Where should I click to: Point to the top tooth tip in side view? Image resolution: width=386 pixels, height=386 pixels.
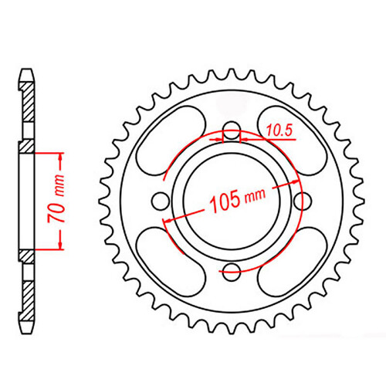pos(27,72)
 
